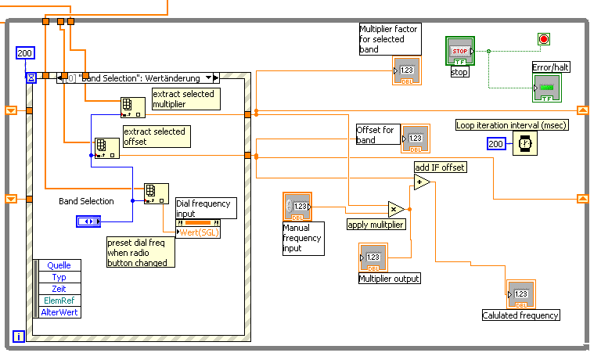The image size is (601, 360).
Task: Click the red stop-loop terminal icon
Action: click(544, 38)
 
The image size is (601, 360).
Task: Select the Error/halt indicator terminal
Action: click(547, 87)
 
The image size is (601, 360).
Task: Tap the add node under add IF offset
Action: click(422, 182)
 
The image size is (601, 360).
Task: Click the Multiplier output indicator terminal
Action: click(372, 257)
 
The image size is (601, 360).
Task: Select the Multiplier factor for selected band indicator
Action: click(407, 70)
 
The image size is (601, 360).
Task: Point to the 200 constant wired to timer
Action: click(496, 144)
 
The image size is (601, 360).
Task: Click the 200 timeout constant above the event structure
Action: click(25, 53)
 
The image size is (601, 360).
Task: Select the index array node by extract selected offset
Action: click(106, 147)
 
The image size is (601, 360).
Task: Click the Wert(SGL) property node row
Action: click(198, 232)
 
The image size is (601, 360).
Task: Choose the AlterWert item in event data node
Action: click(59, 311)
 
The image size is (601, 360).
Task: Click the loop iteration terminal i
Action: click(19, 337)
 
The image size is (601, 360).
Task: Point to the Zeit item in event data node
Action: click(59, 289)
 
